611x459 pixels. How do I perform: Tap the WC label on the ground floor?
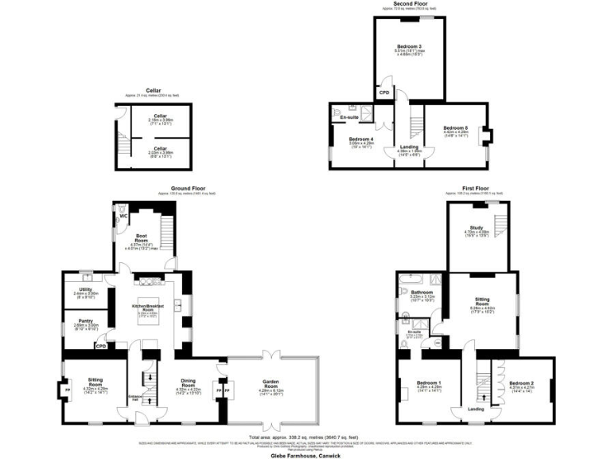pos(123,216)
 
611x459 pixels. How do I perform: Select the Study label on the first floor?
pos(477,229)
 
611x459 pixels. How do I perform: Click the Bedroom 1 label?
pos(428,384)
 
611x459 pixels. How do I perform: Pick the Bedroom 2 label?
pos(523,384)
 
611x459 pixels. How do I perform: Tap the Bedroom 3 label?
pos(408,47)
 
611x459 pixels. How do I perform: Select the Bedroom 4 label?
pos(361,140)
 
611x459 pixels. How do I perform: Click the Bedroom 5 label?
pos(456,128)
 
